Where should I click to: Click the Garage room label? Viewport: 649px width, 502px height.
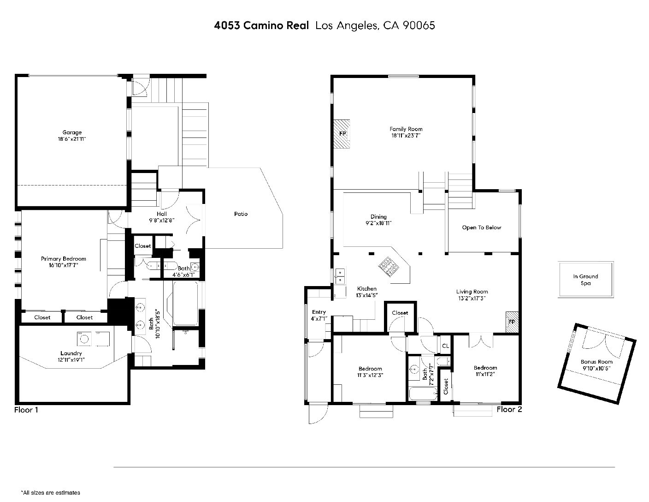pyautogui.click(x=72, y=132)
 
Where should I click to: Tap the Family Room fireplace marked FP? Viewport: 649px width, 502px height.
pyautogui.click(x=342, y=134)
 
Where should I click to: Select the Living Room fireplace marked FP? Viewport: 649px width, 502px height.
pyautogui.click(x=512, y=322)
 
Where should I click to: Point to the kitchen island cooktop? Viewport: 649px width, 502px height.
pyautogui.click(x=389, y=267)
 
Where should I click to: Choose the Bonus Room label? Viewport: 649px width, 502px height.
pyautogui.click(x=596, y=362)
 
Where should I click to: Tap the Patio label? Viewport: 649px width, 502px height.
pyautogui.click(x=241, y=214)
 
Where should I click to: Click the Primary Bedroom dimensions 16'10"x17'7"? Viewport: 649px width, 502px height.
pyautogui.click(x=63, y=265)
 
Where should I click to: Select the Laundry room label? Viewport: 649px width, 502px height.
pyautogui.click(x=71, y=353)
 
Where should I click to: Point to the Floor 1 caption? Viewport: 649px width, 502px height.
pyautogui.click(x=26, y=410)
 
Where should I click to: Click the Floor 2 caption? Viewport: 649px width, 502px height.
pyautogui.click(x=509, y=410)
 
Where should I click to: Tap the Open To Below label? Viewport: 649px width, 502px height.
pyautogui.click(x=481, y=227)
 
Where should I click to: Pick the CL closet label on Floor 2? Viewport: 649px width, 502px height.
pyautogui.click(x=445, y=346)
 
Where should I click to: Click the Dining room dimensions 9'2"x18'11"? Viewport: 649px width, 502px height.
pyautogui.click(x=378, y=223)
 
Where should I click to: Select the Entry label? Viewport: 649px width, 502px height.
pyautogui.click(x=319, y=312)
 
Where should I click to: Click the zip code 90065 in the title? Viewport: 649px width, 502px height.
pyautogui.click(x=419, y=25)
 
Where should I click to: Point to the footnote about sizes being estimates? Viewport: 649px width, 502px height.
pyautogui.click(x=51, y=493)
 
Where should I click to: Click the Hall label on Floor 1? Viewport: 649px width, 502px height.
pyautogui.click(x=162, y=214)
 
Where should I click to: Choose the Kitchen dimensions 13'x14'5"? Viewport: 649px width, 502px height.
pyautogui.click(x=367, y=295)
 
